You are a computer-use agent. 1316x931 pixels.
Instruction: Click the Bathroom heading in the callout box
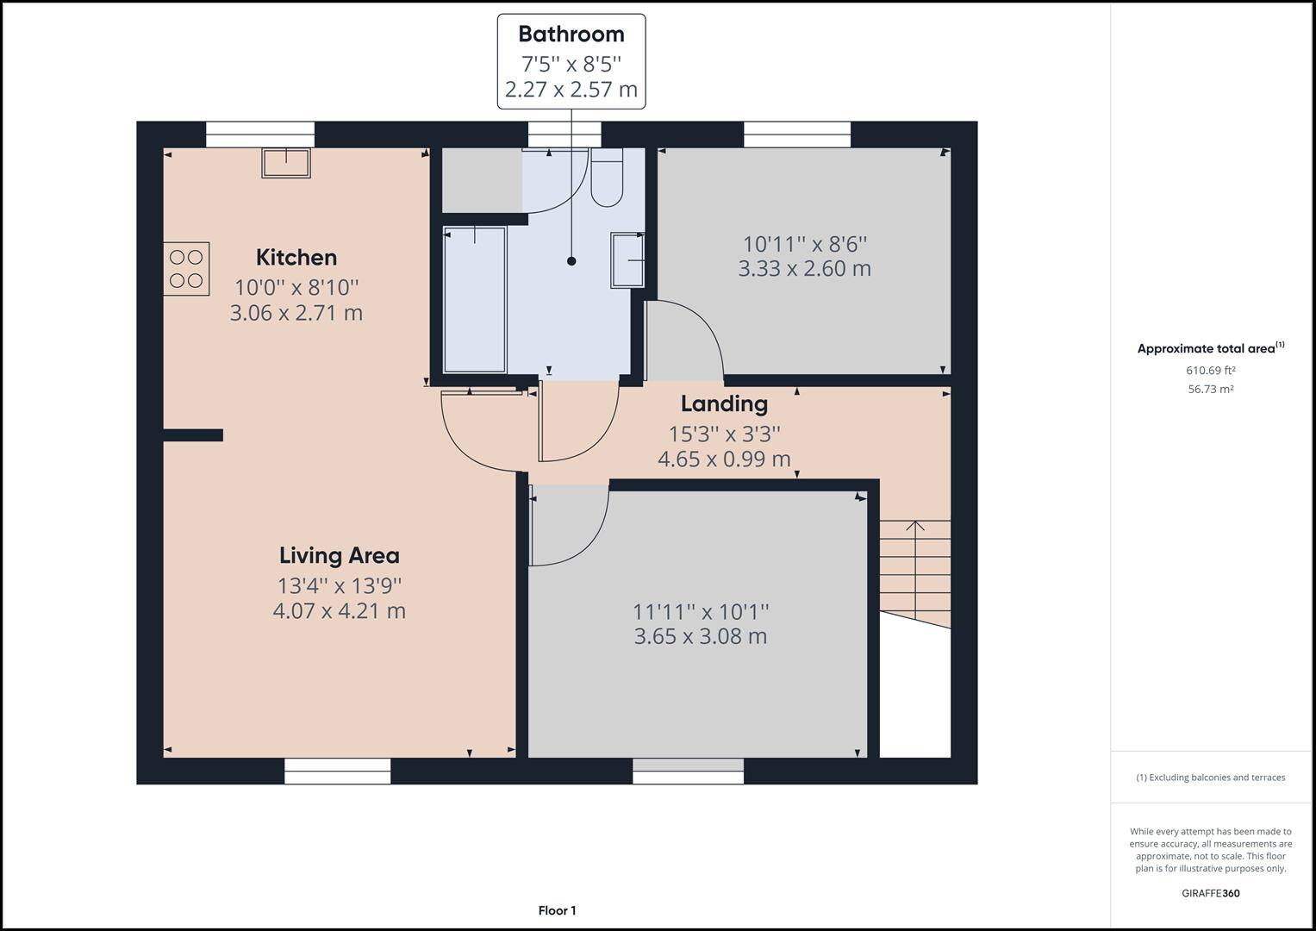pos(571,34)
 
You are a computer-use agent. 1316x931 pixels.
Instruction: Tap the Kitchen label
pos(296,257)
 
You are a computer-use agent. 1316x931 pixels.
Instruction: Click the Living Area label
pos(339,555)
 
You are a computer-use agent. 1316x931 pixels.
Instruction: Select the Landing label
pos(724,403)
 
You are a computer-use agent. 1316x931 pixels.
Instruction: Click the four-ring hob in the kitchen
pos(186,269)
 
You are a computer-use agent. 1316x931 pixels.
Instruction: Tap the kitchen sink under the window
pos(286,162)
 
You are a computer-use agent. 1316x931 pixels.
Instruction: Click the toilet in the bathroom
pos(607,179)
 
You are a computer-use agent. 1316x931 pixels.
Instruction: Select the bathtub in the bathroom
pos(474,300)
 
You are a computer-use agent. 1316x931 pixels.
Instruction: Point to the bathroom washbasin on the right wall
pos(627,259)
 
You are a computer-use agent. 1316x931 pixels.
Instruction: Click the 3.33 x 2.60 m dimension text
pos(804,268)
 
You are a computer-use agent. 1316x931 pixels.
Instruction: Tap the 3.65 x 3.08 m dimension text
pos(700,636)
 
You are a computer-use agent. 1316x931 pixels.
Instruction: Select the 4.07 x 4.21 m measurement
pos(339,611)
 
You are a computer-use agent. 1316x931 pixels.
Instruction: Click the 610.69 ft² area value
pos(1210,371)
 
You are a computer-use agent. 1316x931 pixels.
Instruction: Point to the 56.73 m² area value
pos(1210,389)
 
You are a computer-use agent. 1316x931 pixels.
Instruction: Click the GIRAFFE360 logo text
pos(1210,893)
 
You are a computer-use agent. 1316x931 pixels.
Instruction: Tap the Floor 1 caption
pos(557,910)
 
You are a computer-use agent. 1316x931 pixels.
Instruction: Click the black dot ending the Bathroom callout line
pos(571,261)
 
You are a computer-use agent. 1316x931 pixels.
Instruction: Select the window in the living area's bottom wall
pos(337,771)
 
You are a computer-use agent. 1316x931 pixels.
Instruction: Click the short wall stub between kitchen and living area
pos(194,435)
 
